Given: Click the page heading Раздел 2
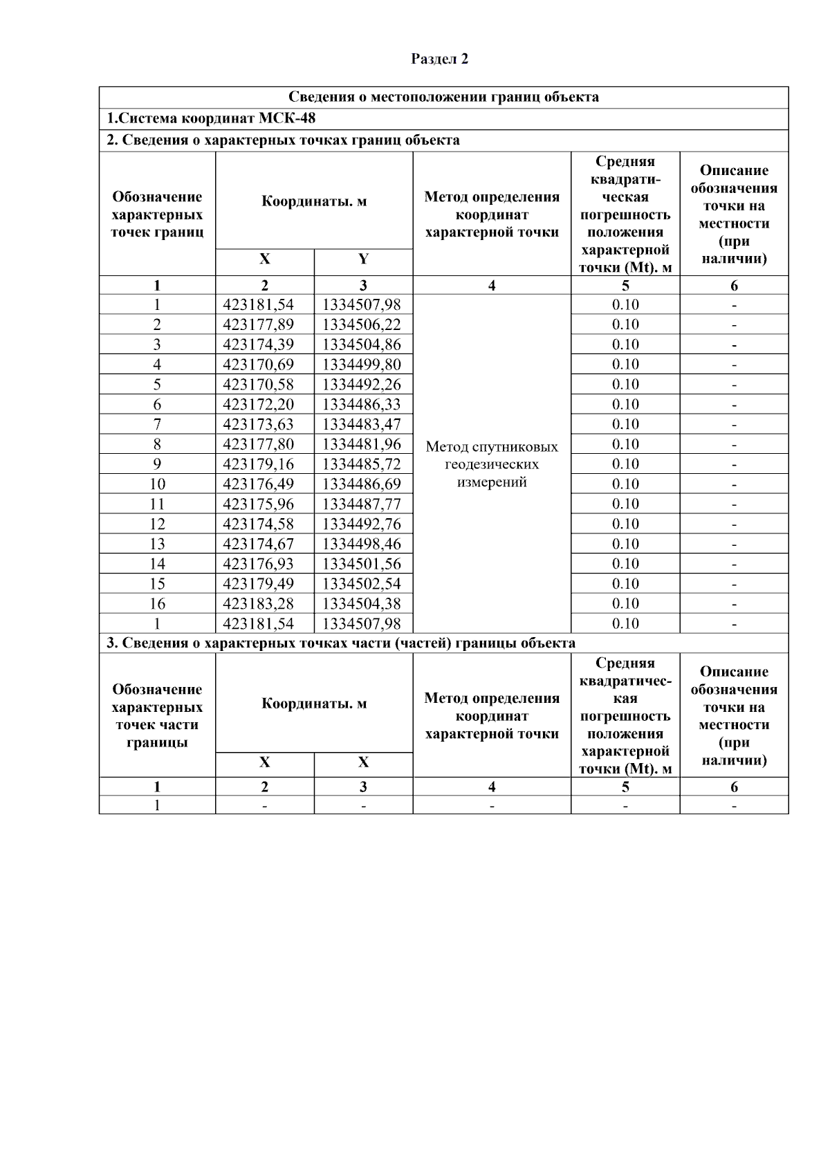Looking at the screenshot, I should point(439,59).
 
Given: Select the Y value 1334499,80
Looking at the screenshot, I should point(362,365).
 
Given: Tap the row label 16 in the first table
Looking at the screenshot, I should point(157,604).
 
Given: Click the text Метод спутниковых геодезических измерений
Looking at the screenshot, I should point(492,464).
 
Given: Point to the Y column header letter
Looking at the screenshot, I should point(363,259).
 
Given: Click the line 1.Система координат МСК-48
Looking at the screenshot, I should point(211,118).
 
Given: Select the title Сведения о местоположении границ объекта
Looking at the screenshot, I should point(443,97).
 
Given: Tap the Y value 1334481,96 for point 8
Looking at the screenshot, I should point(362,444).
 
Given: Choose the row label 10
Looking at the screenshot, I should point(157,484).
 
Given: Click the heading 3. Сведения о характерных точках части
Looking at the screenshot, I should point(340,643).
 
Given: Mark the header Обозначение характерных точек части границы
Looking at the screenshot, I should point(157,716).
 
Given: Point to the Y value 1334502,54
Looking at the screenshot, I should point(362,584).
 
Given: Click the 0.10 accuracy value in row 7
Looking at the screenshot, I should point(625,424).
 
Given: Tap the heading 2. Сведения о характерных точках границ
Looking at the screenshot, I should point(283,140).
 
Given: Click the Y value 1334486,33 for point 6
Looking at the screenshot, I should point(362,404).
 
